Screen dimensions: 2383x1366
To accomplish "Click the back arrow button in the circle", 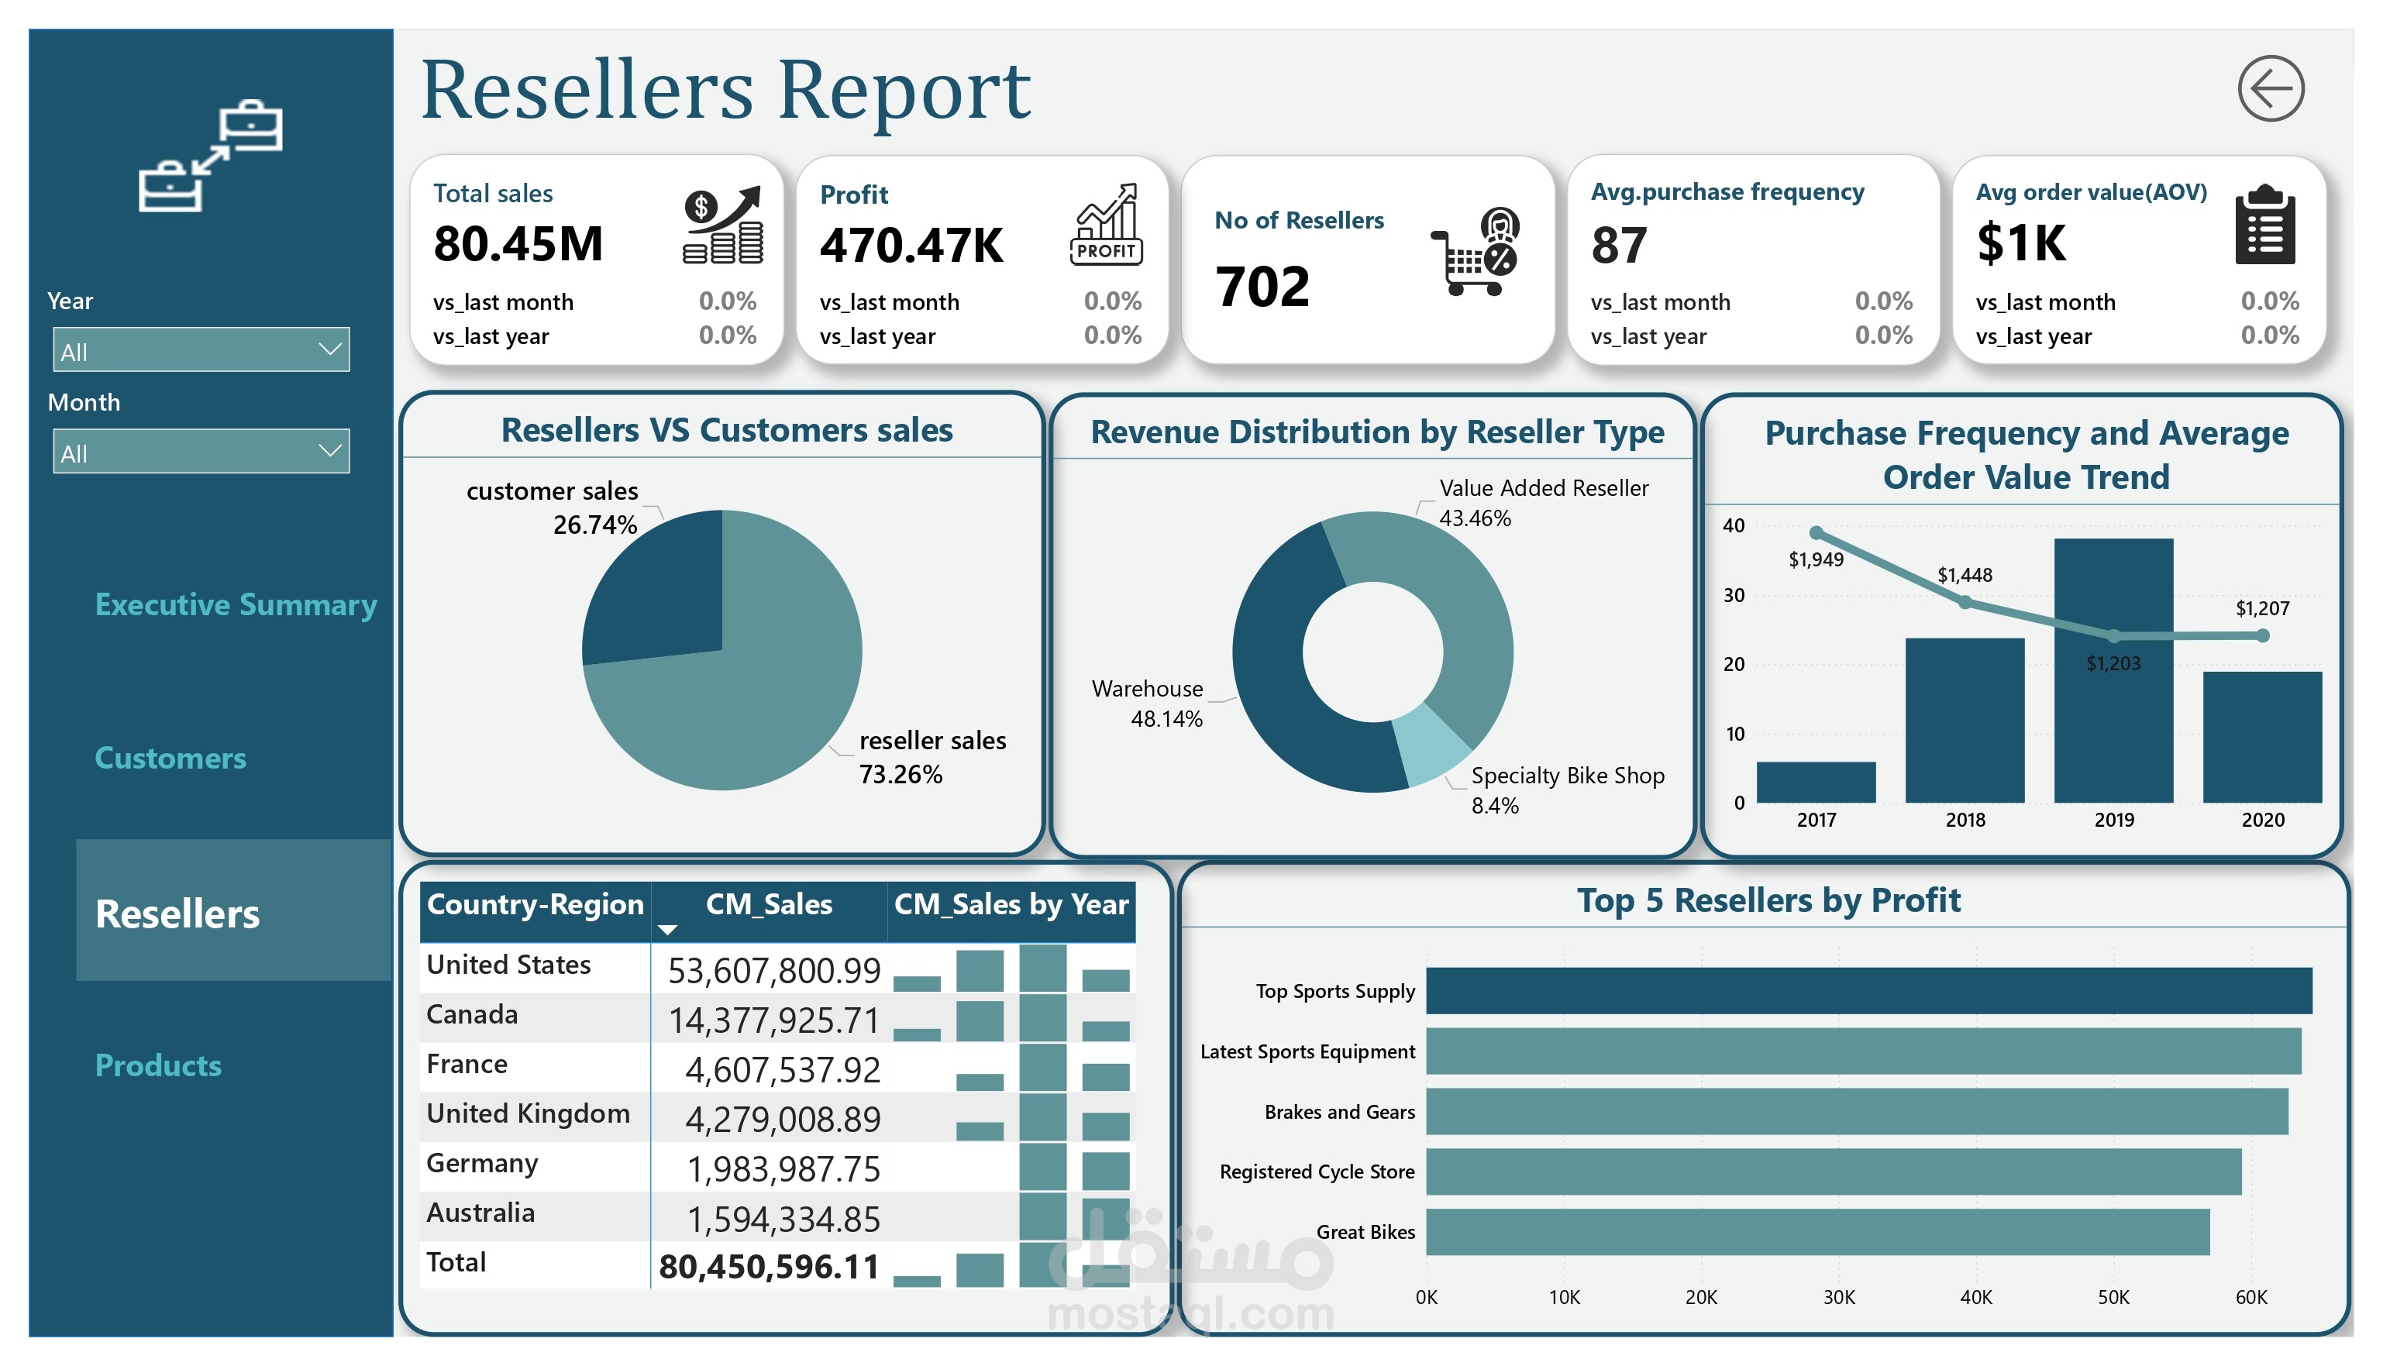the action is [x=2271, y=89].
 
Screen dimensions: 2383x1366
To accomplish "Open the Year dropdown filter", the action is [x=201, y=350].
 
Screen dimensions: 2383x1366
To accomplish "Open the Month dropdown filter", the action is [x=201, y=451].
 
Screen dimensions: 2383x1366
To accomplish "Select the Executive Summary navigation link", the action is [x=236, y=605].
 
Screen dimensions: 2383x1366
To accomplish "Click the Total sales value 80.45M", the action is [x=518, y=244].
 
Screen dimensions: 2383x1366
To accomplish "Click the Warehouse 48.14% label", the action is [x=1148, y=704].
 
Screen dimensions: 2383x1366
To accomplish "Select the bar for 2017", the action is [x=1816, y=783].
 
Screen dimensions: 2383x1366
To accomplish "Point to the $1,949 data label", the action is [x=1816, y=560].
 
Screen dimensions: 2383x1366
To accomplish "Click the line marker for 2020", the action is [x=2263, y=636].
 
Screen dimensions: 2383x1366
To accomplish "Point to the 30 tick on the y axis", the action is [x=1733, y=595].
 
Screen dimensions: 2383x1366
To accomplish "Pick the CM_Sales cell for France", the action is [x=783, y=1069].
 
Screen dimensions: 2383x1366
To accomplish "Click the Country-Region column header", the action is [x=535, y=904].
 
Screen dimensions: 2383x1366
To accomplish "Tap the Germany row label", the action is [x=481, y=1163].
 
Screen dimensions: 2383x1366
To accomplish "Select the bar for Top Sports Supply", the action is [x=1869, y=991].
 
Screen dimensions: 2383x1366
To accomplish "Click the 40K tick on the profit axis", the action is [x=1976, y=1298].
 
